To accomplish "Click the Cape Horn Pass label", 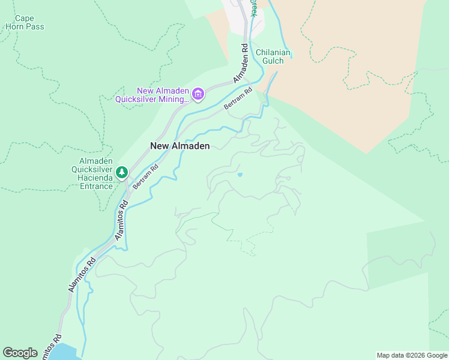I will [x=25, y=23].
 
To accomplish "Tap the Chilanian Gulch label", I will [x=273, y=56].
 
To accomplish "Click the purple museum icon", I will [x=198, y=94].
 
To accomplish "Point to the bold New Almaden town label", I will [x=179, y=146].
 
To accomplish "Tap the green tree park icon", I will [x=122, y=173].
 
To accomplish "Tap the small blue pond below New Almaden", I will [x=240, y=175].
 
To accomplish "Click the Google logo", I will [x=20, y=353].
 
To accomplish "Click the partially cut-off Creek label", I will [x=255, y=7].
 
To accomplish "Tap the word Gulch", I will [x=273, y=61].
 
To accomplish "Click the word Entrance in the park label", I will [x=97, y=186].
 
